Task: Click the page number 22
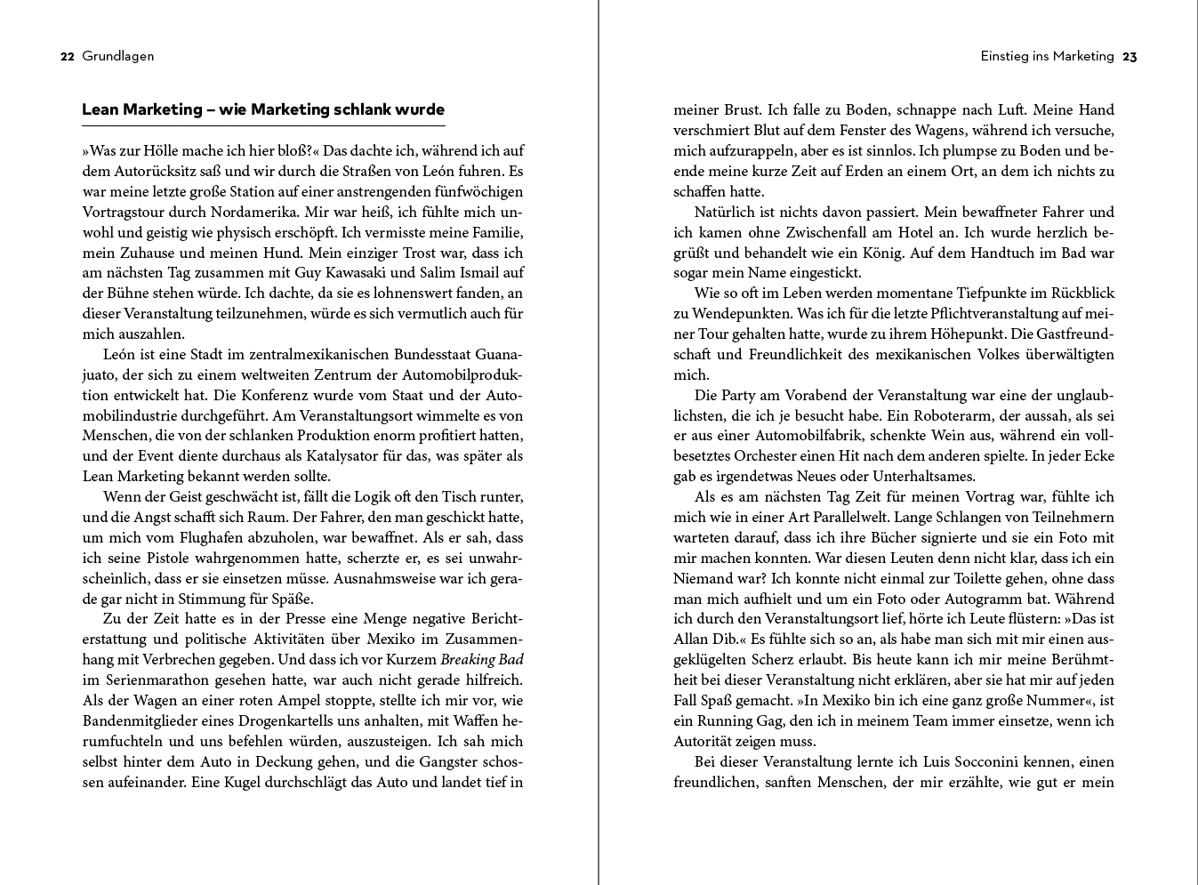coord(67,56)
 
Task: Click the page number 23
coord(1130,56)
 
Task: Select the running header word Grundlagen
coord(118,56)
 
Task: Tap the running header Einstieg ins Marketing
coord(1047,56)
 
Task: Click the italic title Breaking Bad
coord(482,659)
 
